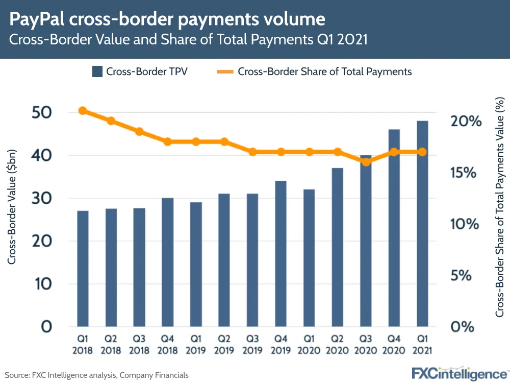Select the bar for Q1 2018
83,268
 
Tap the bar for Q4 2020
394,228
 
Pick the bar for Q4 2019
280,253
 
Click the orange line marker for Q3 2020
366,162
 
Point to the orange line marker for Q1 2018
83,111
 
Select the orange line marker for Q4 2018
167,141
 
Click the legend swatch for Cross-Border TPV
97,71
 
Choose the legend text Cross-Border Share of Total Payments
324,71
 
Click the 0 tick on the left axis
46,326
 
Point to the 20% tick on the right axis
466,122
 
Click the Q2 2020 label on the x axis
337,345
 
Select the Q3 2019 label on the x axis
252,345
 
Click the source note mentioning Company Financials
97,375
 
